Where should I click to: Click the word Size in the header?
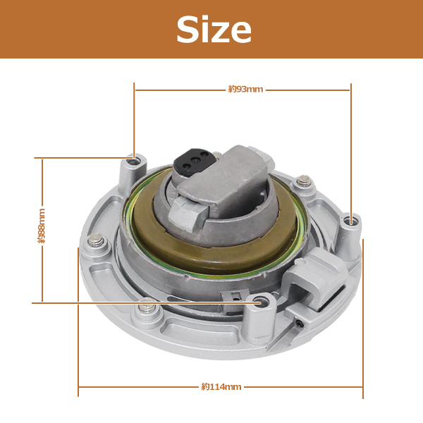coord(214,29)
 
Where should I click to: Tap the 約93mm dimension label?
coord(245,90)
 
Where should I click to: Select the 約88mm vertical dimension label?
coord(42,226)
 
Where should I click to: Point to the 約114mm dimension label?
coord(221,387)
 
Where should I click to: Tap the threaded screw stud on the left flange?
coord(95,240)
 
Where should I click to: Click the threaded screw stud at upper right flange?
coord(303,180)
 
